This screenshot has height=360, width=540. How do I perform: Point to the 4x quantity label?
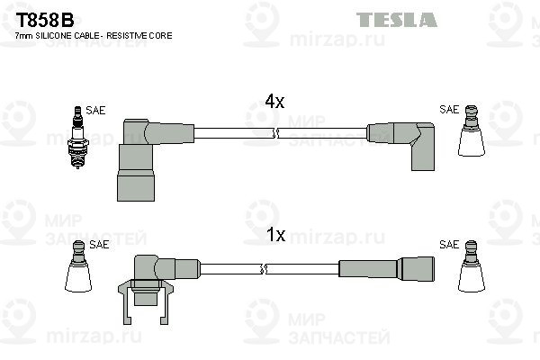[274, 102]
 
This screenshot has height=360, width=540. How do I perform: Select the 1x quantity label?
[275, 236]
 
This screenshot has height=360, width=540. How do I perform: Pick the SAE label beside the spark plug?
[95, 110]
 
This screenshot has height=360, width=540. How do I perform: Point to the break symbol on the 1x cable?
[262, 268]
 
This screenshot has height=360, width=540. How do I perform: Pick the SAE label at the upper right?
[448, 110]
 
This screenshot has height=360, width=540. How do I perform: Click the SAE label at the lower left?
[99, 244]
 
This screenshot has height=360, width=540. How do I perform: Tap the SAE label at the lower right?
[448, 244]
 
